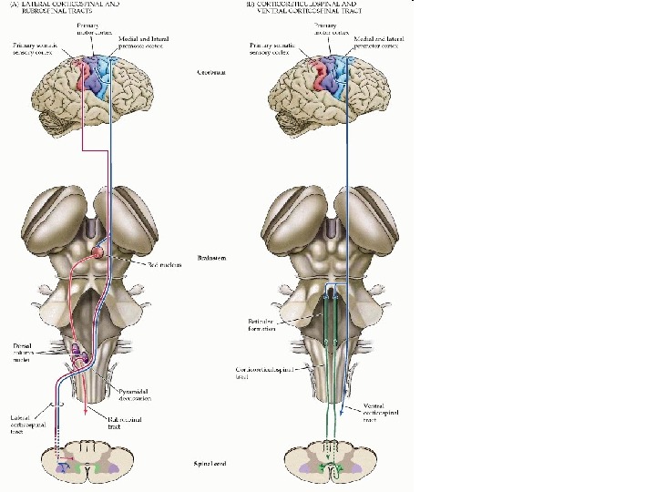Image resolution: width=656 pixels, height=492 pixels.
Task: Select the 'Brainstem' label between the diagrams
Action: click(210, 259)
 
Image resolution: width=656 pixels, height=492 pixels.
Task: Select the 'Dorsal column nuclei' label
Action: click(24, 352)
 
